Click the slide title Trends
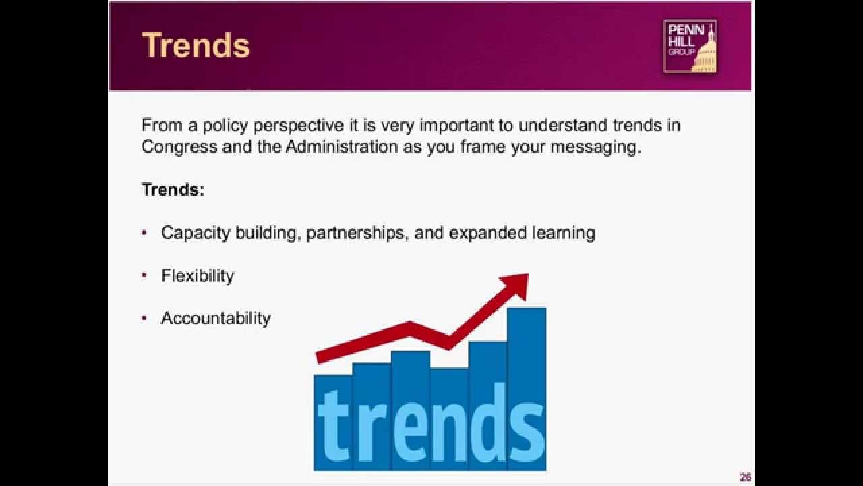(x=196, y=46)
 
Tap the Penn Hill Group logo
(x=690, y=46)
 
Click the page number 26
(x=745, y=477)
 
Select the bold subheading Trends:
(x=173, y=190)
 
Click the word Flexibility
(x=198, y=275)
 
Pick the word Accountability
(x=216, y=318)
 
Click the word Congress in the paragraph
(x=179, y=147)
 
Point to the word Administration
(x=342, y=147)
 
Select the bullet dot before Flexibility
(x=144, y=275)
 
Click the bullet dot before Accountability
(x=144, y=318)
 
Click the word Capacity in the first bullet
(x=196, y=233)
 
